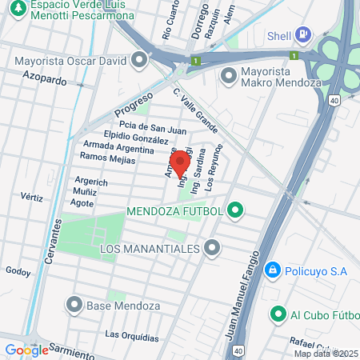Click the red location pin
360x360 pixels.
pyautogui.click(x=180, y=163)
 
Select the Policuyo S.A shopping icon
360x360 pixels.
pyautogui.click(x=273, y=271)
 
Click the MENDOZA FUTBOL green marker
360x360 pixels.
pyautogui.click(x=234, y=211)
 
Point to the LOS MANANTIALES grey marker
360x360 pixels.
pyautogui.click(x=211, y=250)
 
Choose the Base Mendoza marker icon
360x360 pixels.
pyautogui.click(x=74, y=304)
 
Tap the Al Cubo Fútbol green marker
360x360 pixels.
pyautogui.click(x=278, y=314)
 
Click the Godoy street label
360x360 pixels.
pyautogui.click(x=18, y=271)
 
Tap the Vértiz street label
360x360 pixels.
pyautogui.click(x=32, y=196)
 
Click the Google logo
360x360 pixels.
pyautogui.click(x=26, y=350)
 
